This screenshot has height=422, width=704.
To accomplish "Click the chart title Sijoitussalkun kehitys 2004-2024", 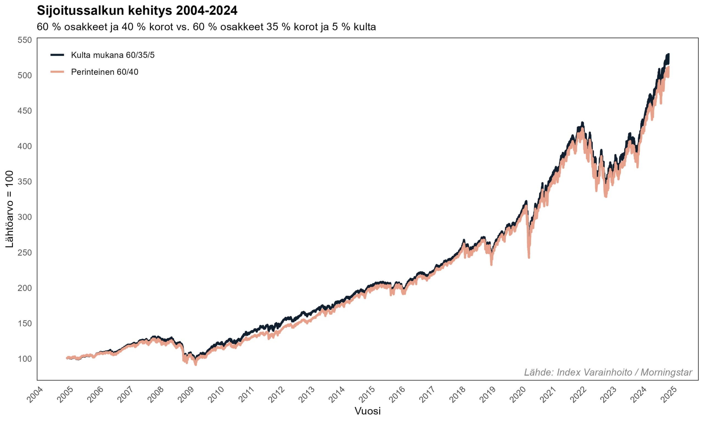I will pyautogui.click(x=137, y=11).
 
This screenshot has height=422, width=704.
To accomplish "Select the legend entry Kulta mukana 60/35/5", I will pyautogui.click(x=113, y=55).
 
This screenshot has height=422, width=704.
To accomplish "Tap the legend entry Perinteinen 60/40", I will pyautogui.click(x=105, y=72).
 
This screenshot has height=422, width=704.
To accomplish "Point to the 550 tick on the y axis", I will pyautogui.click(x=24, y=40).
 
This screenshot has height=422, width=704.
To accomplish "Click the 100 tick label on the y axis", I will pyautogui.click(x=24, y=359).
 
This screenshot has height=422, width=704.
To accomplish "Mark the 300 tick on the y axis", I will pyautogui.click(x=24, y=217).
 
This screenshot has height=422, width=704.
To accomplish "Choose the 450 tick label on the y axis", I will pyautogui.click(x=24, y=111).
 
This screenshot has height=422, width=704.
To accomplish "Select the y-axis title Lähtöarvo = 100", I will pyautogui.click(x=9, y=209).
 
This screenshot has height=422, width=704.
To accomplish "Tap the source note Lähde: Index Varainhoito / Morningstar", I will pyautogui.click(x=608, y=373).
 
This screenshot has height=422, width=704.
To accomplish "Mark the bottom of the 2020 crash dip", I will pyautogui.click(x=529, y=257).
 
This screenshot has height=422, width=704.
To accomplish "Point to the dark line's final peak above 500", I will pyautogui.click(x=668, y=54).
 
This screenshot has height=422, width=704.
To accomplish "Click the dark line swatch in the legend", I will pyautogui.click(x=57, y=55).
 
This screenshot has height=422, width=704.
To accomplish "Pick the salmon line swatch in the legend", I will pyautogui.click(x=57, y=72).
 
